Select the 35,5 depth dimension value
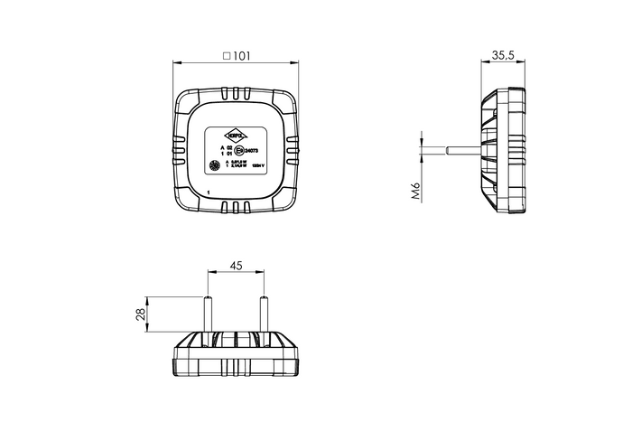click(x=504, y=55)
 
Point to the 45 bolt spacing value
click(x=236, y=265)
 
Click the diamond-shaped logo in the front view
click(x=236, y=131)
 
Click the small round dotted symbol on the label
click(x=215, y=166)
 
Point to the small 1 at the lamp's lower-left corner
click(x=208, y=192)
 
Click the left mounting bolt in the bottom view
click(x=209, y=315)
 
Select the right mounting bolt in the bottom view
click(x=264, y=315)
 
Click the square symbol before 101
click(x=226, y=55)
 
